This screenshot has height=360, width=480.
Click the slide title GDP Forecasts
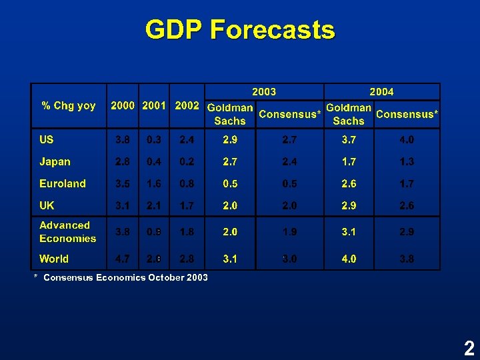240,30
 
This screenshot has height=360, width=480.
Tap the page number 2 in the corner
469,348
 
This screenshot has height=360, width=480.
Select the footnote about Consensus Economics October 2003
121,277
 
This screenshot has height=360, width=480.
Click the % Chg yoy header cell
69,106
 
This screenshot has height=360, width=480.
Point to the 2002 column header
187,106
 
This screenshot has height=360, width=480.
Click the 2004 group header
381,91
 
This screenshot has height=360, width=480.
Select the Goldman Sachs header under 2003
230,114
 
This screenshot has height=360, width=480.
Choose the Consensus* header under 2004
407,114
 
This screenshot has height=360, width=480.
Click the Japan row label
55,162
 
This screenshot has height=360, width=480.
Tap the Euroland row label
63,184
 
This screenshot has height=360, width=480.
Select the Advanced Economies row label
67,232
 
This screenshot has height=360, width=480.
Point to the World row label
54,259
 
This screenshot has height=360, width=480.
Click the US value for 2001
155,140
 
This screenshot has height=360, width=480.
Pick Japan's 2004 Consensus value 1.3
407,162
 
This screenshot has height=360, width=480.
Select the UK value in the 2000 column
123,206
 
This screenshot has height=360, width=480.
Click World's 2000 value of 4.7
123,259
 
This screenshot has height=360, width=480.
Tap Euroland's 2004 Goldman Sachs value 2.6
349,184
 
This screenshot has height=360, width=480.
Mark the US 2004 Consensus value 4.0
407,140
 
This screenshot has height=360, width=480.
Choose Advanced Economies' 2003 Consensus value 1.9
290,232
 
